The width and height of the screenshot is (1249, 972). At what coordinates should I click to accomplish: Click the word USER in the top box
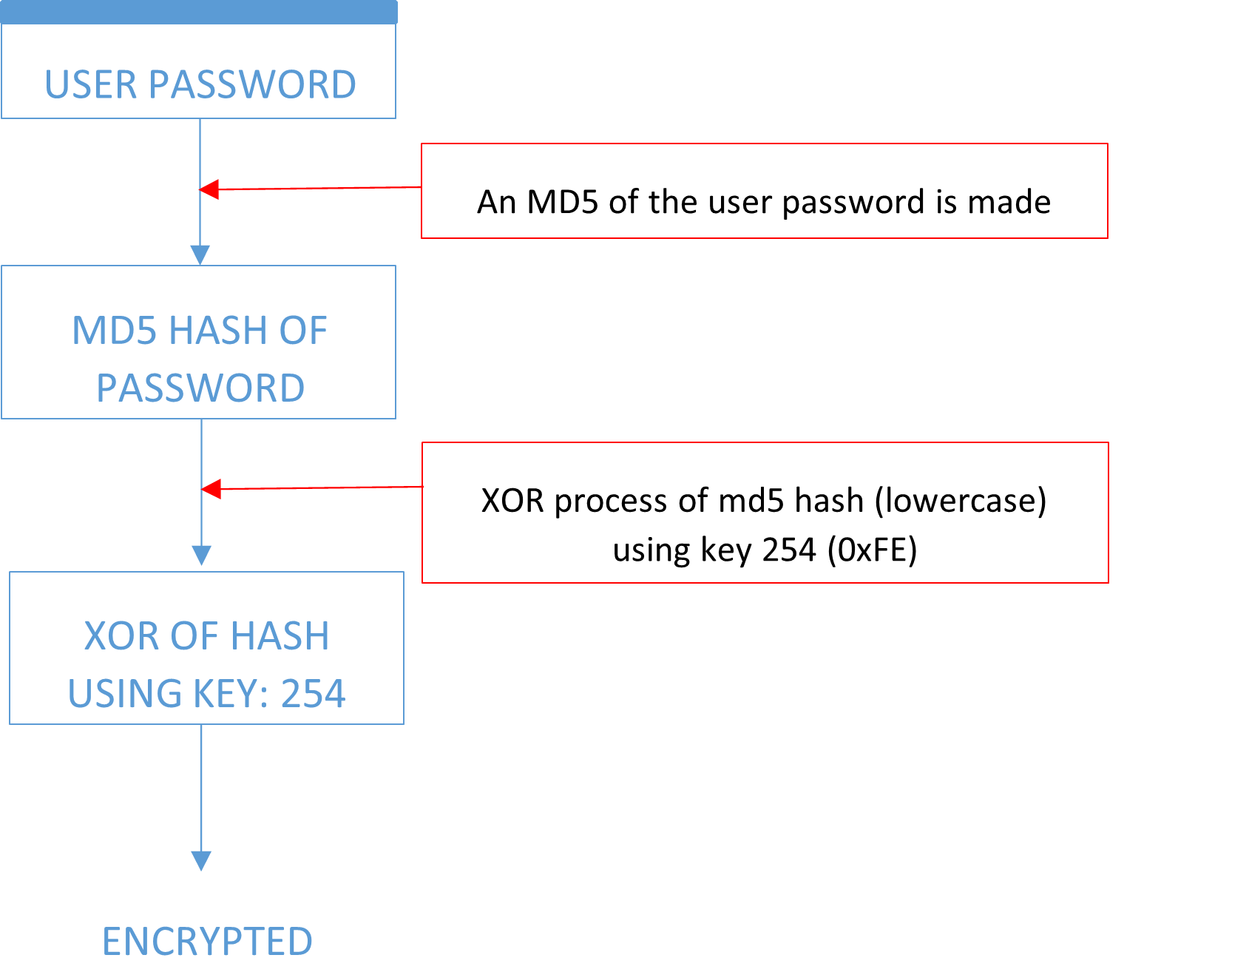pyautogui.click(x=91, y=84)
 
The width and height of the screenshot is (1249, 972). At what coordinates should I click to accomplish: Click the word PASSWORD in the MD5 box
pyautogui.click(x=200, y=388)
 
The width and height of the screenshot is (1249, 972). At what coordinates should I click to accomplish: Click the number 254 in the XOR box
pyautogui.click(x=313, y=694)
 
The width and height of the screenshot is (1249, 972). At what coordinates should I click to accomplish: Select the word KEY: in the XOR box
pyautogui.click(x=230, y=694)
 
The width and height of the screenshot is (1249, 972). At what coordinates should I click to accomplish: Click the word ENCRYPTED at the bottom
pyautogui.click(x=207, y=942)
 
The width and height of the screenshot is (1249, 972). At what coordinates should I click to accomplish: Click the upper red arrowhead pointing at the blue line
pyautogui.click(x=209, y=189)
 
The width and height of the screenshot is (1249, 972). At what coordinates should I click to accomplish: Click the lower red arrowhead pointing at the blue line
pyautogui.click(x=211, y=489)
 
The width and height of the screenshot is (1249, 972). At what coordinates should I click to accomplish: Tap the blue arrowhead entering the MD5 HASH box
pyautogui.click(x=200, y=255)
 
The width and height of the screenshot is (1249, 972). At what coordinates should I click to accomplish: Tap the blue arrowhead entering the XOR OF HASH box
pyautogui.click(x=201, y=556)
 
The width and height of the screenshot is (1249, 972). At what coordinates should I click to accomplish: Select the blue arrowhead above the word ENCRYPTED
pyautogui.click(x=201, y=860)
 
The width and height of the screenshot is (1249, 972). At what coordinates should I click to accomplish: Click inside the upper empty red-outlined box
pyautogui.click(x=764, y=191)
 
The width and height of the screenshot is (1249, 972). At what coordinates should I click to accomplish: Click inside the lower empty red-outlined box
pyautogui.click(x=765, y=513)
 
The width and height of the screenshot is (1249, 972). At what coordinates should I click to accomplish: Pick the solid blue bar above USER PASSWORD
pyautogui.click(x=199, y=13)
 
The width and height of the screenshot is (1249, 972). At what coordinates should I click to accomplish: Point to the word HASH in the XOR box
pyautogui.click(x=281, y=636)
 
